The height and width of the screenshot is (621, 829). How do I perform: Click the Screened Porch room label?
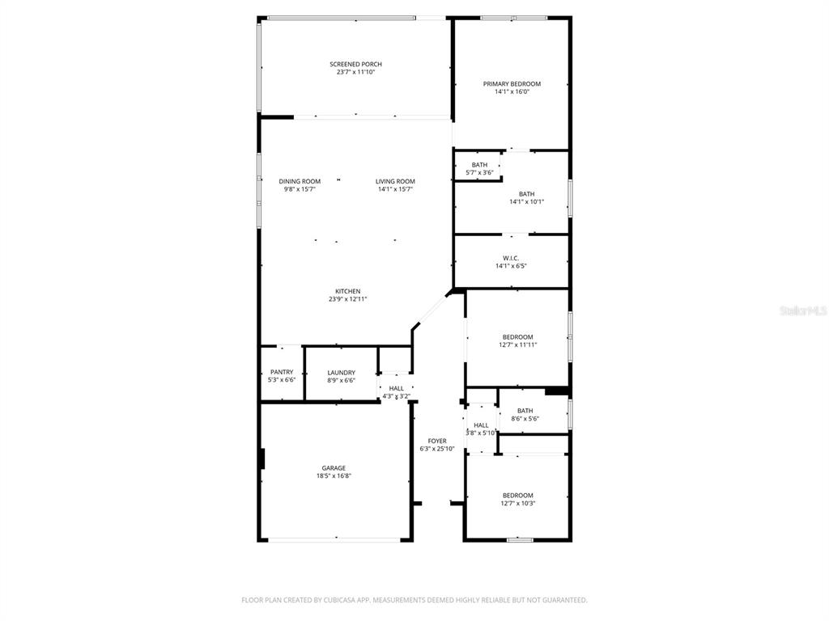click(x=356, y=65)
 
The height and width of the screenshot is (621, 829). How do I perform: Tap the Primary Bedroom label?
click(x=512, y=84)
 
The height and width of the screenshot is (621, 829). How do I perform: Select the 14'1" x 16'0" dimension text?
click(x=512, y=92)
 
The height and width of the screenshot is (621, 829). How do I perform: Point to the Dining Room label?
click(x=300, y=182)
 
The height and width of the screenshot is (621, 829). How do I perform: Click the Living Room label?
click(x=395, y=182)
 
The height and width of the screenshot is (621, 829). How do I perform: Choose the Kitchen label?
click(x=348, y=291)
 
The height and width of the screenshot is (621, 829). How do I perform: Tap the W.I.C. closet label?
click(x=511, y=258)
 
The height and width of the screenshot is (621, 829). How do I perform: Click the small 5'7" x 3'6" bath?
click(x=479, y=169)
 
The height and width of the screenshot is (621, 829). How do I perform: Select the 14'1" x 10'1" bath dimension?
click(x=526, y=201)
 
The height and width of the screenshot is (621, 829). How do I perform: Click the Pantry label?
click(x=282, y=372)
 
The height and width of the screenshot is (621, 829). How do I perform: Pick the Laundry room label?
click(x=342, y=373)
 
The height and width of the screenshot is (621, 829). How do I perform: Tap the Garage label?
click(x=334, y=468)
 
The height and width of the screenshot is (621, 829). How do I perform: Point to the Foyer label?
click(x=437, y=441)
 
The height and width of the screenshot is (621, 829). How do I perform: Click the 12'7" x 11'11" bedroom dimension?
click(x=518, y=345)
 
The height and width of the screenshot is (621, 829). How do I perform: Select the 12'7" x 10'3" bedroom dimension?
click(x=518, y=504)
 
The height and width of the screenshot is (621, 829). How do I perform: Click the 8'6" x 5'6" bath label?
click(x=525, y=415)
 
